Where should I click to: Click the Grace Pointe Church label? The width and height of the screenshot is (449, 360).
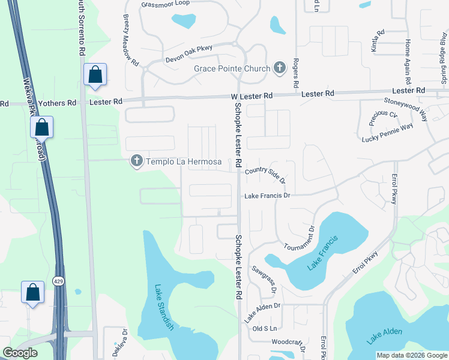232,68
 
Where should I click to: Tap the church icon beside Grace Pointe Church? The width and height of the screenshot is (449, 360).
280,68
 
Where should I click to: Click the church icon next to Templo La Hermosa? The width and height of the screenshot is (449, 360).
137,161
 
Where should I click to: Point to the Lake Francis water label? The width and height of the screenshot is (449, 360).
322,253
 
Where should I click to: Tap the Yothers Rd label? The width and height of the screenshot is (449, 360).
57,103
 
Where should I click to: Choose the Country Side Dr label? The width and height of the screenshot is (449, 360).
265,175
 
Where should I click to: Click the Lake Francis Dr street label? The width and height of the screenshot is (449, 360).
267,196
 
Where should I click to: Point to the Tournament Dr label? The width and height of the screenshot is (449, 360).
299,238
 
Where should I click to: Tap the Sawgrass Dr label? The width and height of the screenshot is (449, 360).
264,280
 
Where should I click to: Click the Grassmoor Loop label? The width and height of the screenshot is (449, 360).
165,4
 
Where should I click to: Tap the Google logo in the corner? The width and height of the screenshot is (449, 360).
20,353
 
